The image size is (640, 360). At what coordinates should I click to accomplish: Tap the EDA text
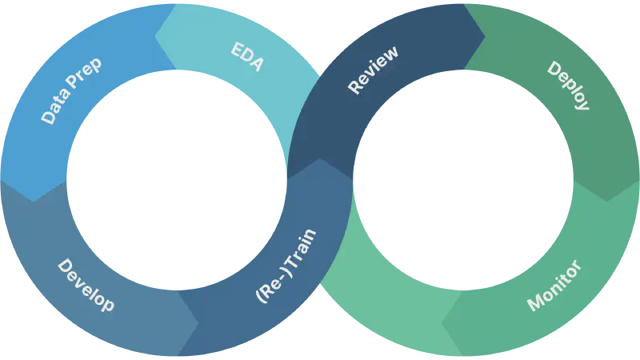click(x=247, y=55)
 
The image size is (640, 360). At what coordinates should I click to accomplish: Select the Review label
click(x=373, y=70)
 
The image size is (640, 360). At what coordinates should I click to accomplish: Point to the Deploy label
click(x=569, y=86)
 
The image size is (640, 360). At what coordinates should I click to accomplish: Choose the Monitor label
click(x=554, y=286)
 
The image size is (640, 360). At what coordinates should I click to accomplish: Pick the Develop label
click(x=86, y=285)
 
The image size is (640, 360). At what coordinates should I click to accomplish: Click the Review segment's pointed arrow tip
click(x=485, y=36)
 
